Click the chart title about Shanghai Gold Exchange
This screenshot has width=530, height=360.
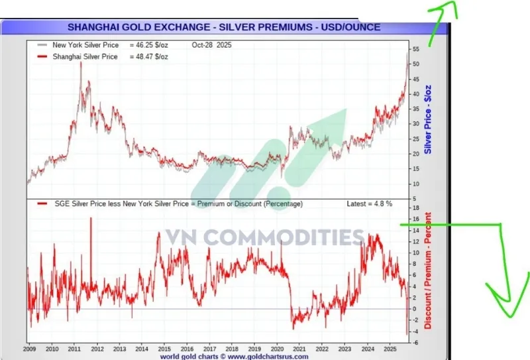pyautogui.click(x=224, y=27)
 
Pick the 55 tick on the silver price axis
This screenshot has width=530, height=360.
pyautogui.click(x=415, y=50)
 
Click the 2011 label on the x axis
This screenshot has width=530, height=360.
pyautogui.click(x=74, y=349)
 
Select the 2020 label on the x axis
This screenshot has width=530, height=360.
pyautogui.click(x=278, y=349)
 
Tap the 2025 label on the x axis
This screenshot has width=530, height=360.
pyautogui.click(x=391, y=349)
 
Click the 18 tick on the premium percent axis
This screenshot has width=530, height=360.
pyautogui.click(x=414, y=208)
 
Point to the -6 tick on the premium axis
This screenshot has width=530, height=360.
pyautogui.click(x=414, y=342)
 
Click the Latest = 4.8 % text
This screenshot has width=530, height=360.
pyautogui.click(x=368, y=204)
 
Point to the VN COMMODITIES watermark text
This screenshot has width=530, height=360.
pyautogui.click(x=264, y=237)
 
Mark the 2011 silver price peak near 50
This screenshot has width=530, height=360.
pyautogui.click(x=80, y=64)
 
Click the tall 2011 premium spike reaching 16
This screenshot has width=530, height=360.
pyautogui.click(x=91, y=219)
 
